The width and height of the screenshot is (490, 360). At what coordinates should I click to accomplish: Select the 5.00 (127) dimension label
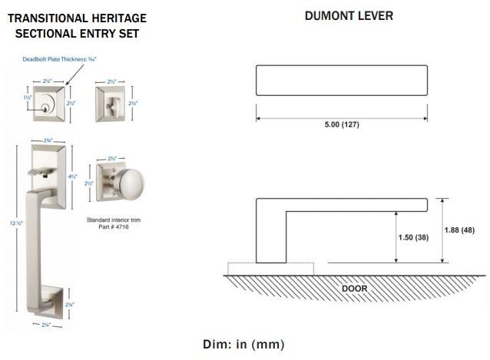341,126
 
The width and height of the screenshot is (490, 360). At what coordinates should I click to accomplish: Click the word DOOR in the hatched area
354,289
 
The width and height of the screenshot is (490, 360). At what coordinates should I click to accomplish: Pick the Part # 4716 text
114,227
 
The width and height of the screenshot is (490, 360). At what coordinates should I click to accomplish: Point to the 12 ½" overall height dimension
9,223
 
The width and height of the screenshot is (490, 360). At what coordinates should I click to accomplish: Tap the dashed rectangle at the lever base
271,269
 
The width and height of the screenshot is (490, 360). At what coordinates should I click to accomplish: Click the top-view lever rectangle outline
341,81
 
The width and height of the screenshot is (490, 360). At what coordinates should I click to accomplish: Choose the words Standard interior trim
114,220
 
